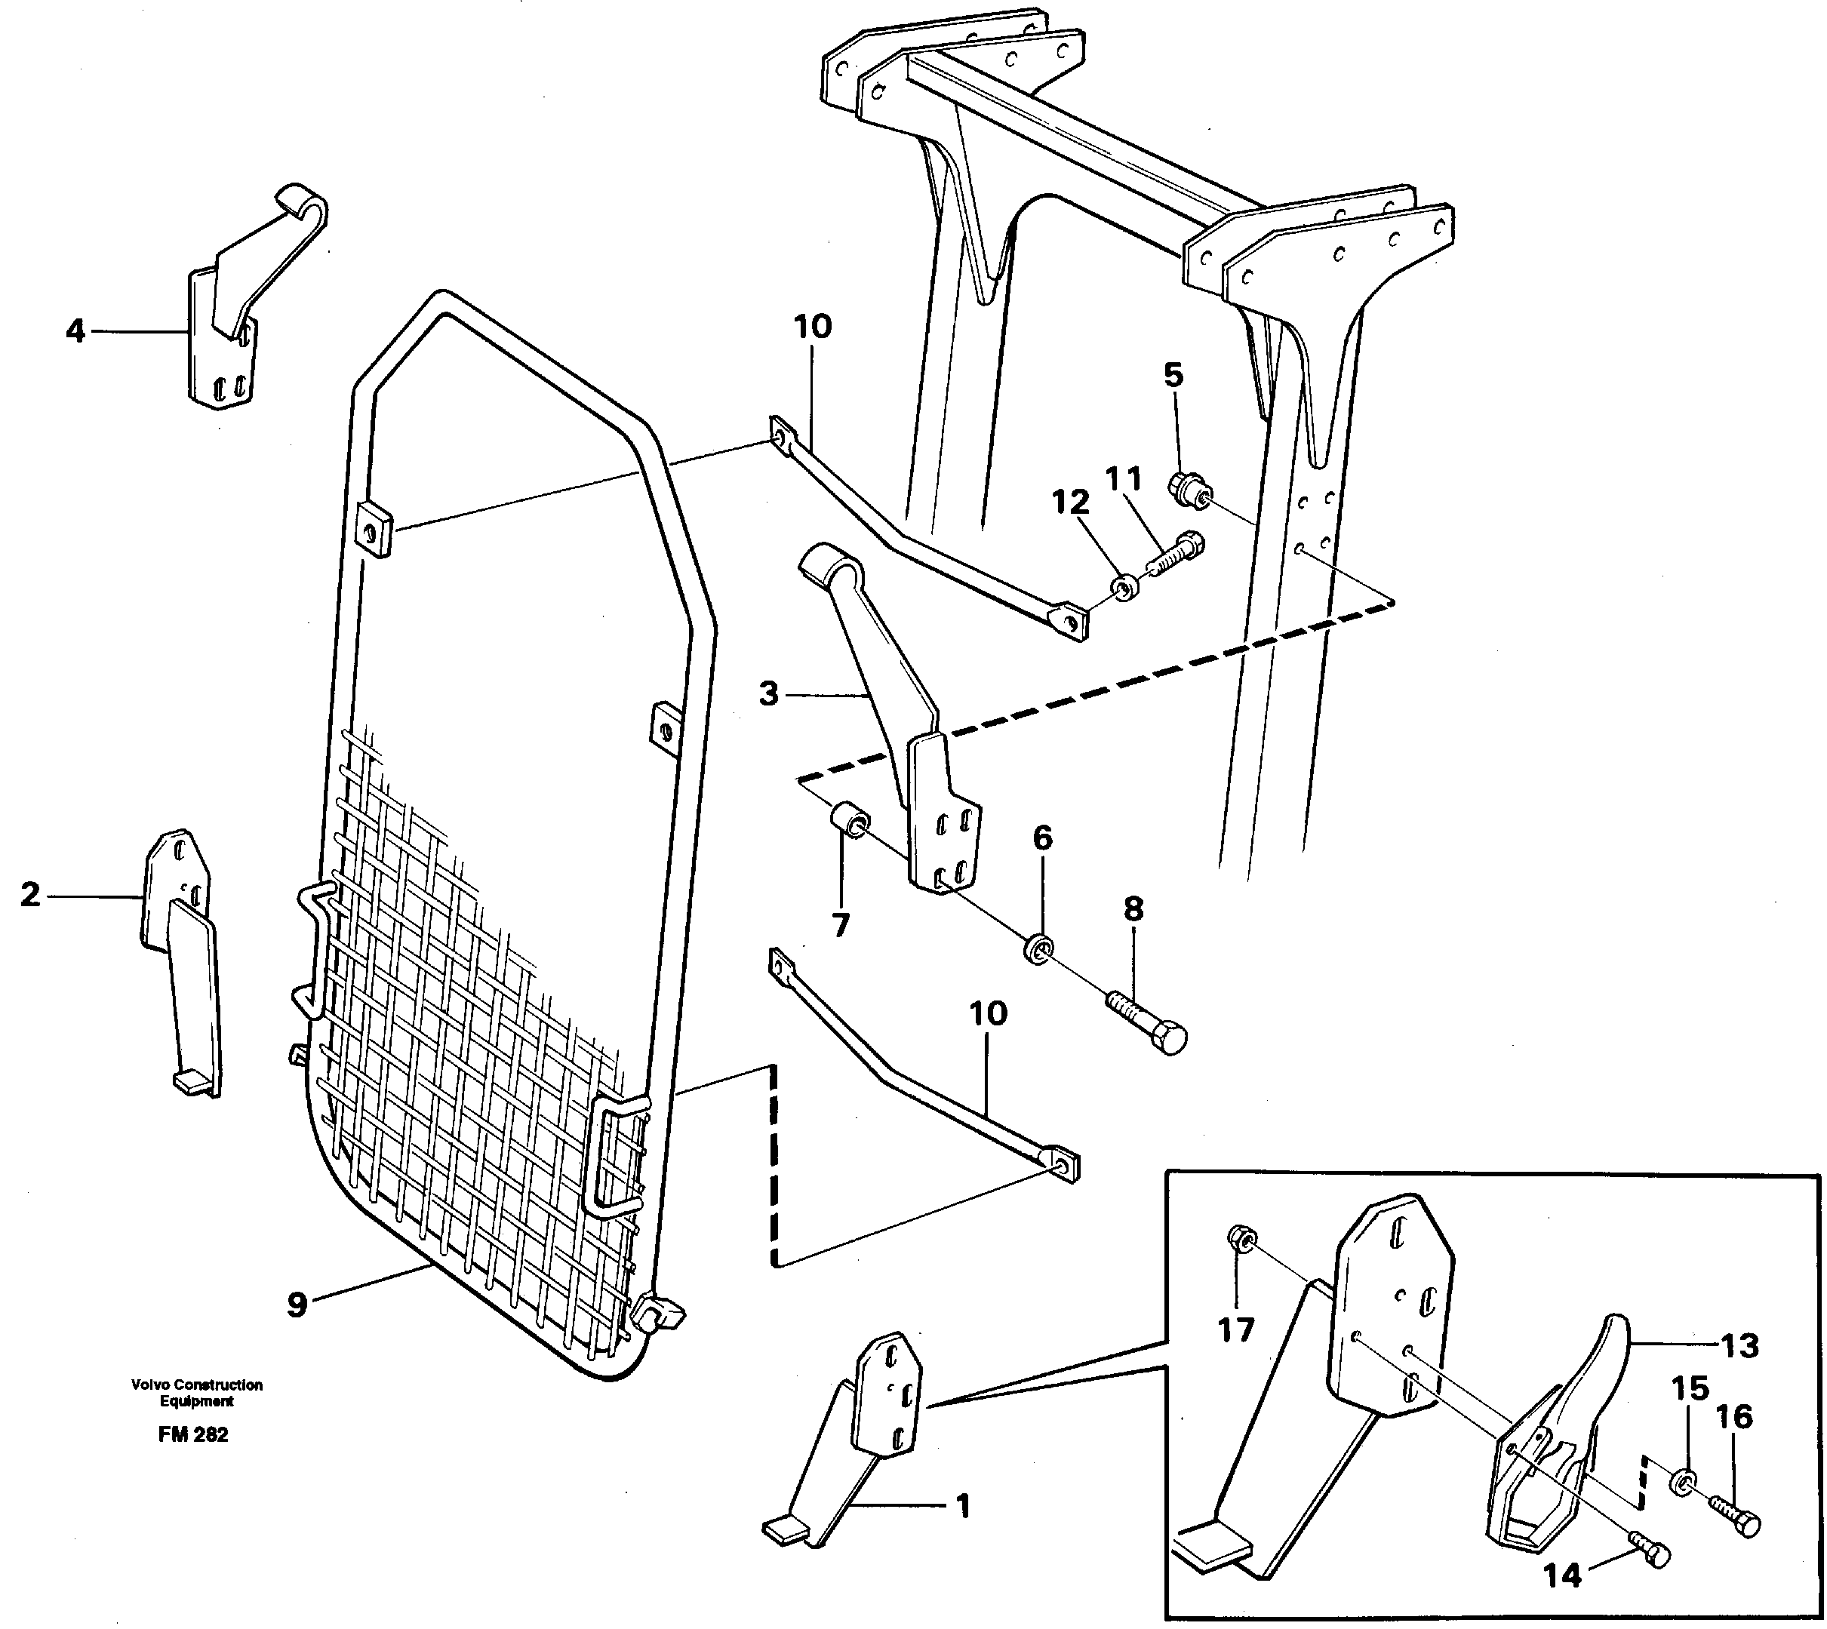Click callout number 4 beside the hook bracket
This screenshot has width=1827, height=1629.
75,332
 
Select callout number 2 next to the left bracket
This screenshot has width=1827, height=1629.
30,894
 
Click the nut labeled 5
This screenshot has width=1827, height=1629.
1188,489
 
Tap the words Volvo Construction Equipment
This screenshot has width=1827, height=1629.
197,1393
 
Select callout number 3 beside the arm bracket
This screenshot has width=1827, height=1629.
769,693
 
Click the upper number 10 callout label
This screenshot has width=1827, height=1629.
813,327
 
